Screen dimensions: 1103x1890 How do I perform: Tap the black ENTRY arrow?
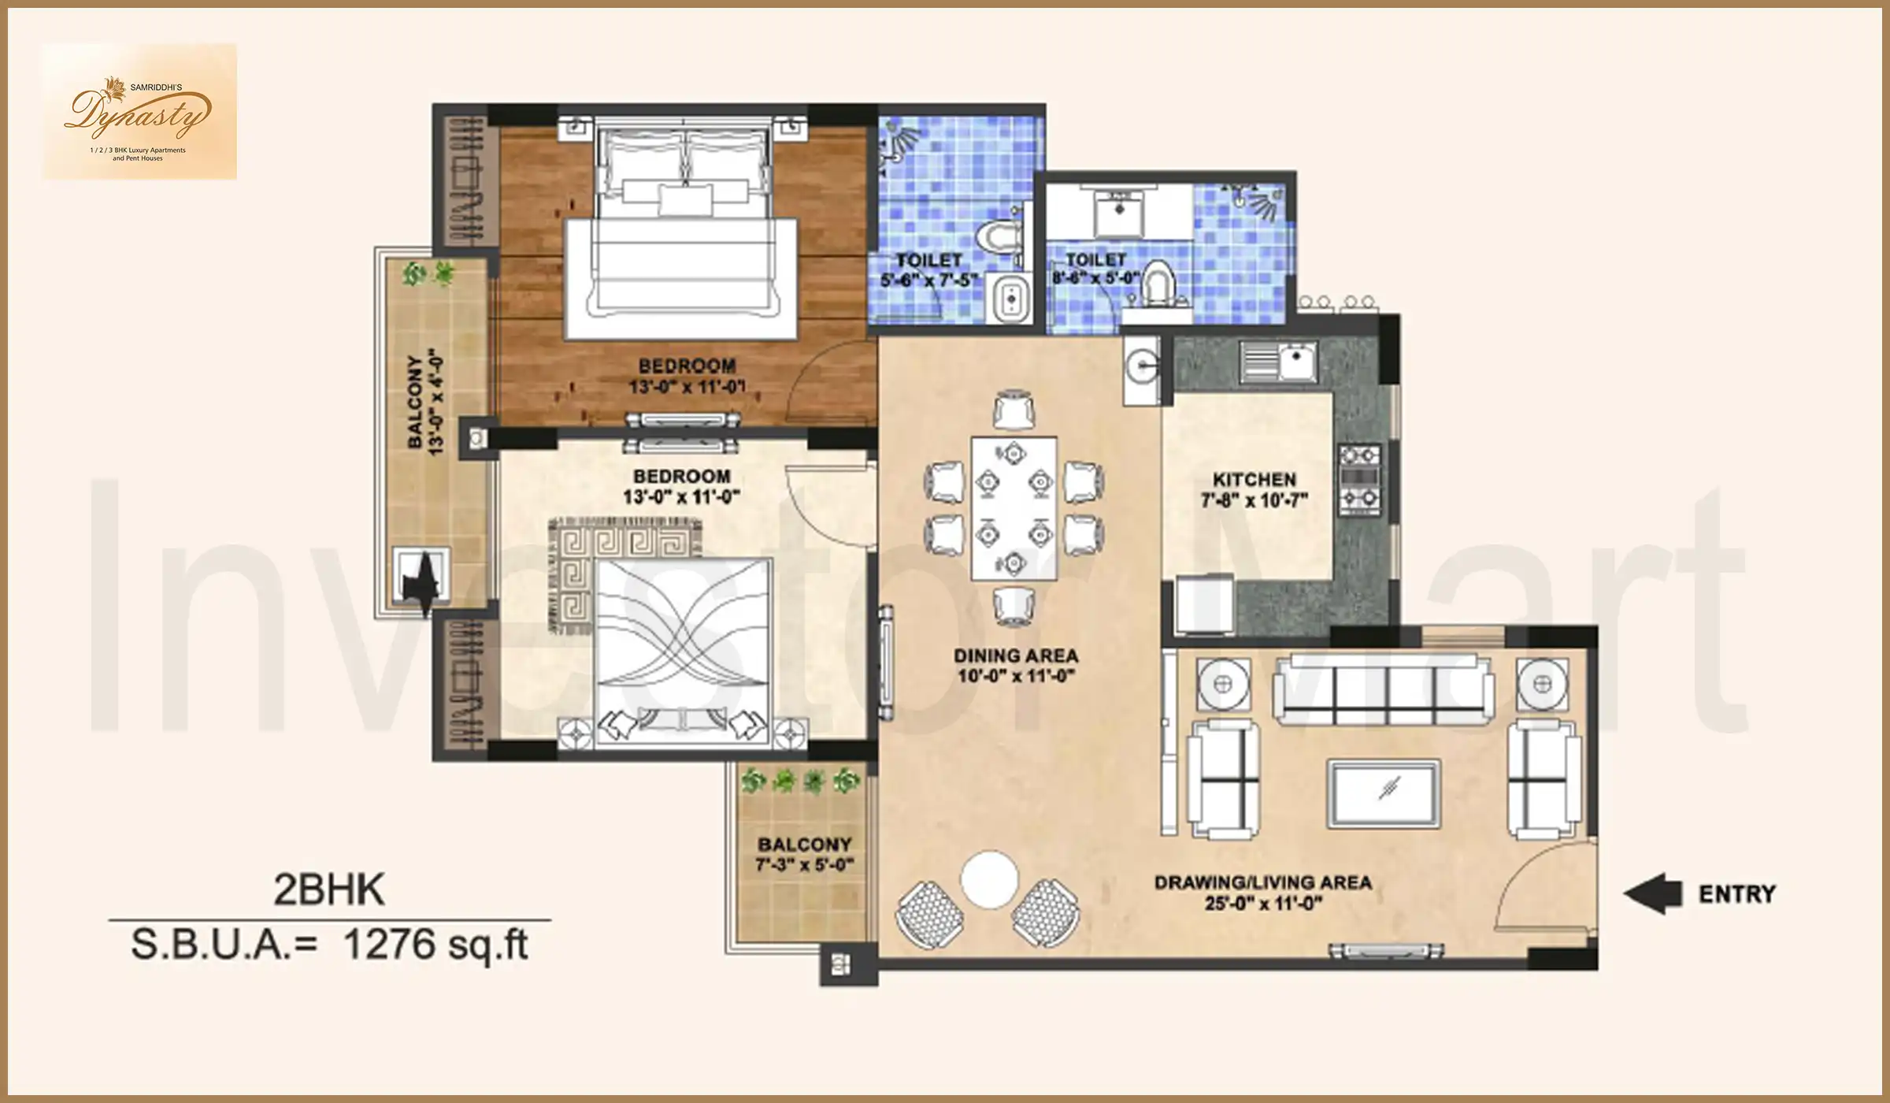click(x=1654, y=893)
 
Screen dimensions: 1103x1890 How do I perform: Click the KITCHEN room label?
click(x=1254, y=479)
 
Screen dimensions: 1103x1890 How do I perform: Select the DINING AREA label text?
click(x=1016, y=655)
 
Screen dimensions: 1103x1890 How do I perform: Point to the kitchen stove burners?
click(x=1360, y=477)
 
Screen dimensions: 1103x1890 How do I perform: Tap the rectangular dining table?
click(x=1014, y=508)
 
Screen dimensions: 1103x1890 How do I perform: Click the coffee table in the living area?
click(x=1384, y=793)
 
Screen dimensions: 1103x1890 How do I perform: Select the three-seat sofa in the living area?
click(x=1384, y=691)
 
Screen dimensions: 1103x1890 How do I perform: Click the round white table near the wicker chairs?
click(x=989, y=878)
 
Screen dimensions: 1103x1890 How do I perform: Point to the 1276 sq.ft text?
click(x=435, y=944)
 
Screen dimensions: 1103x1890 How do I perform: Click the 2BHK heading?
click(x=329, y=890)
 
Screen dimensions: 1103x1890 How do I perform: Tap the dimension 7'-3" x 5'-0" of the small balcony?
click(x=804, y=865)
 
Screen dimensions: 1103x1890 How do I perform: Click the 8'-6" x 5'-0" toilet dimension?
click(x=1095, y=278)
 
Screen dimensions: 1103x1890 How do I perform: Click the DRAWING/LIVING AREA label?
click(x=1263, y=882)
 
